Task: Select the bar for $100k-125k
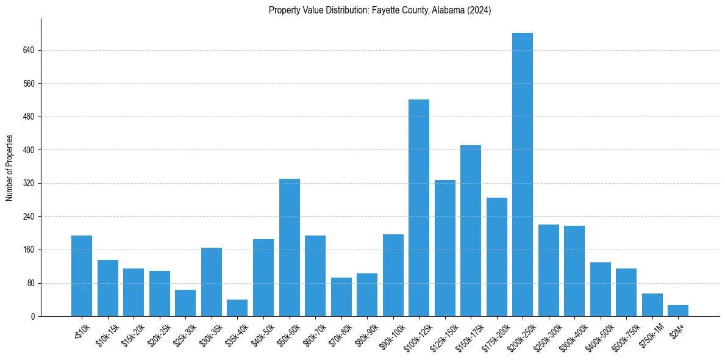click(x=419, y=208)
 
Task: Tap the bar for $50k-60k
click(x=290, y=248)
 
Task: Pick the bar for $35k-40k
click(x=237, y=308)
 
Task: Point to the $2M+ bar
click(x=678, y=311)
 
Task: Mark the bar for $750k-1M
click(x=652, y=305)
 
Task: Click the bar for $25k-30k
click(x=185, y=303)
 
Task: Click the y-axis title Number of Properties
click(x=9, y=167)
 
